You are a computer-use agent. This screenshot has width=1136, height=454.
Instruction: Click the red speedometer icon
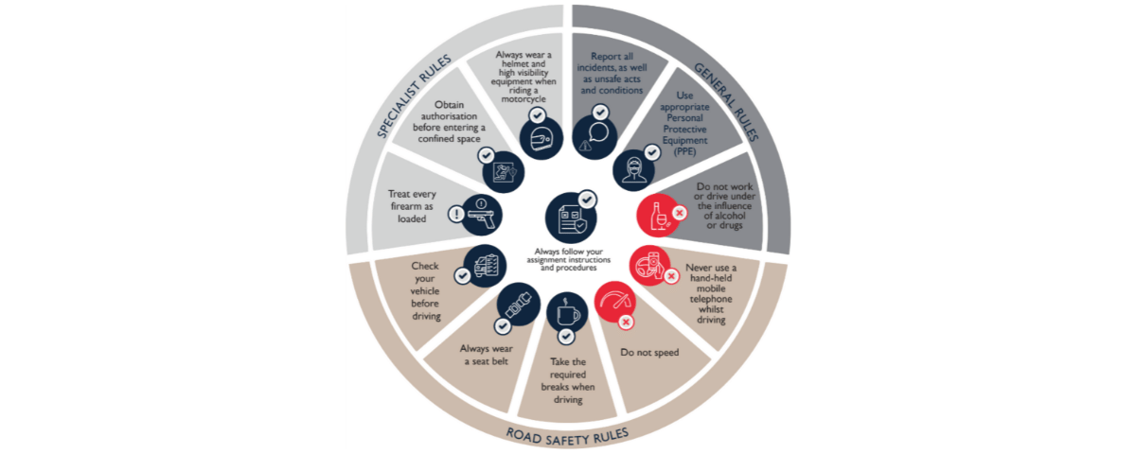pyautogui.click(x=616, y=302)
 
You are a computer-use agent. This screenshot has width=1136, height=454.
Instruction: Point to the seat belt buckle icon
pyautogui.click(x=519, y=306)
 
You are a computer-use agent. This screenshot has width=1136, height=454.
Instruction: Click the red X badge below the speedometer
pyautogui.click(x=625, y=323)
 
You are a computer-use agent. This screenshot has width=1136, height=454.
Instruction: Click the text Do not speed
pyautogui.click(x=649, y=353)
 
